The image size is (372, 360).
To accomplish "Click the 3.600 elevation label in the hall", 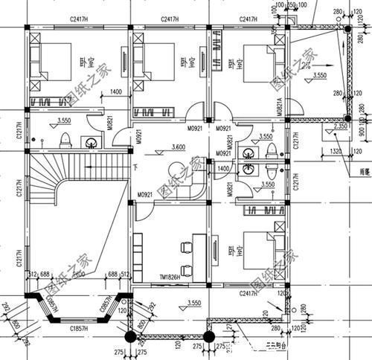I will [x=176, y=147].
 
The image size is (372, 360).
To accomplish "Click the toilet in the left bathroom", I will [x=65, y=140].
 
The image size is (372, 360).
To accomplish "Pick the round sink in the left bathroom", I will [x=92, y=142].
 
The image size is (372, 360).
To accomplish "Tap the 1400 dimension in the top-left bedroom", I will [x=115, y=91].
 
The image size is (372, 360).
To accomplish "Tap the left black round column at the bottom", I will [x=129, y=337].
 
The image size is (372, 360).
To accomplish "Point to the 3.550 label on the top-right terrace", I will [x=320, y=76].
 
